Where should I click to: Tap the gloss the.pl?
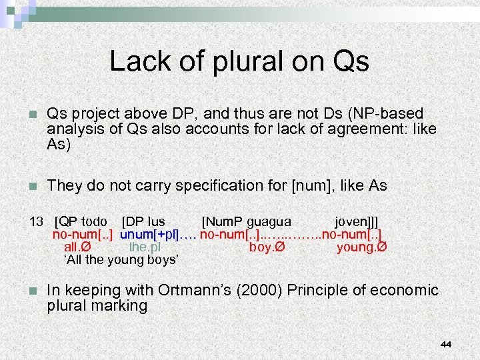tap(145, 247)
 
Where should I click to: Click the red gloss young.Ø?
tap(362, 247)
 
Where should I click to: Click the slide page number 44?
tap(446, 344)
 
